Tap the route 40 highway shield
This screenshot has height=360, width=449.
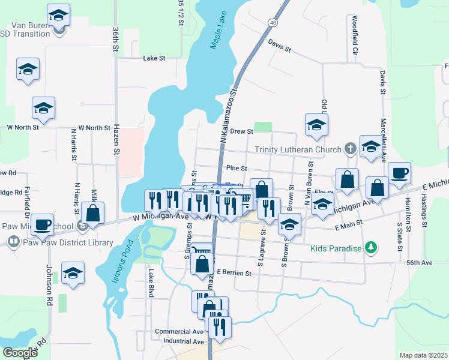tap(273, 23)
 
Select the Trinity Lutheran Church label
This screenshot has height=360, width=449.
tap(298, 149)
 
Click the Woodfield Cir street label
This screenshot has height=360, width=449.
tap(355, 36)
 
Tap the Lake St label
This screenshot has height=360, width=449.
tap(154, 58)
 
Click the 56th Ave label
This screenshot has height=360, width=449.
tap(419, 263)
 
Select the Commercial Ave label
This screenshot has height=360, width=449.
tap(179, 331)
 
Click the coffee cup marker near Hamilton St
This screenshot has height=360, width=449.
tap(399, 174)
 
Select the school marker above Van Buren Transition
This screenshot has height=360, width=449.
tap(58, 14)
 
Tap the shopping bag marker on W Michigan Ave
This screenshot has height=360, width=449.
tap(92, 213)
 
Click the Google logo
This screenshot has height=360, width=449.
tap(20, 353)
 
